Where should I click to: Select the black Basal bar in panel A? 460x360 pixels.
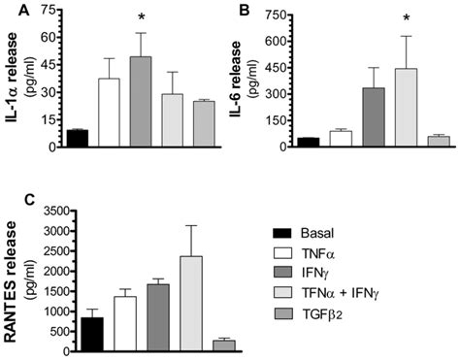(x=77, y=138)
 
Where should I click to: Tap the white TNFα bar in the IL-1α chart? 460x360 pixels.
(x=110, y=113)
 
